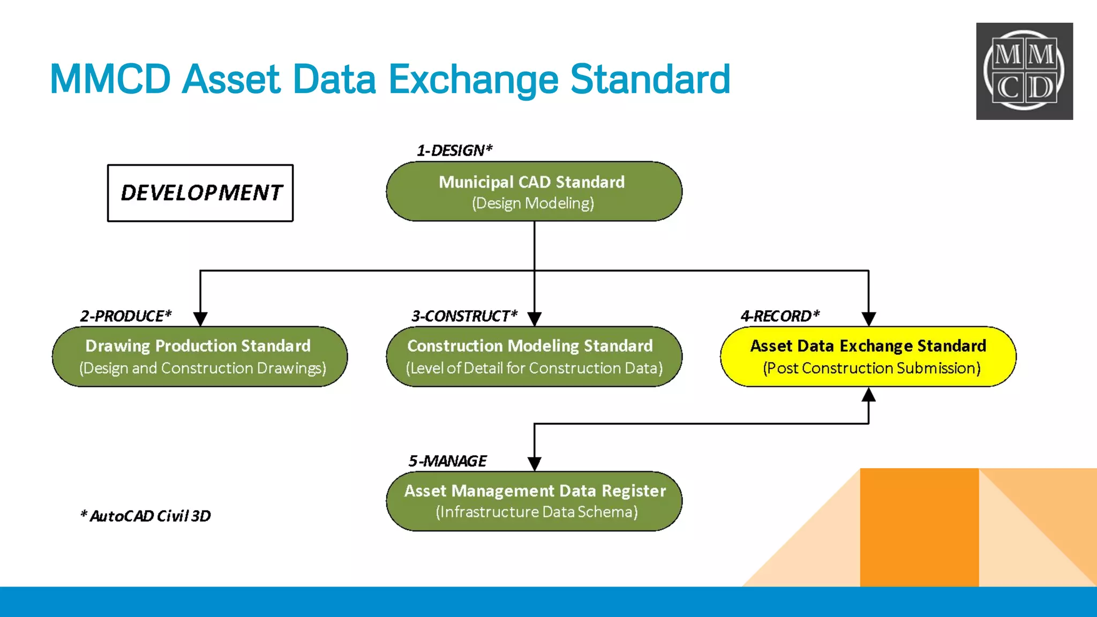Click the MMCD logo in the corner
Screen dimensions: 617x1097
click(x=1024, y=71)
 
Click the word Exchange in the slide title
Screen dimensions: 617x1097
click(x=473, y=80)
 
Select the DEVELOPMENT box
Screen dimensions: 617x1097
click(x=200, y=193)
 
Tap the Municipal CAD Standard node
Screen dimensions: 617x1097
click(x=534, y=192)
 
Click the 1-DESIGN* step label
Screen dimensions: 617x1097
click(x=454, y=151)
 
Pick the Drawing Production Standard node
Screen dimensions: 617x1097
click(x=200, y=357)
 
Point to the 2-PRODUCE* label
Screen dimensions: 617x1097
click(x=126, y=316)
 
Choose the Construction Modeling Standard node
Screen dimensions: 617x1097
click(x=534, y=357)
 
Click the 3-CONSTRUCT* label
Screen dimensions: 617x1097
click(x=464, y=316)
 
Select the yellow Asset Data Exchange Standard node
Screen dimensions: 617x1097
click(x=868, y=357)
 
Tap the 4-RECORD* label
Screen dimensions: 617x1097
click(x=780, y=316)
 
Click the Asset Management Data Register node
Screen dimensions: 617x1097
click(x=534, y=501)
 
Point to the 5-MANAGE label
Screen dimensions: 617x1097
click(x=447, y=461)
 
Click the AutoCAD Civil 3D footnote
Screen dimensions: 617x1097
click(x=146, y=516)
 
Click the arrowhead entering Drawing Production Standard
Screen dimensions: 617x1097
click(x=200, y=319)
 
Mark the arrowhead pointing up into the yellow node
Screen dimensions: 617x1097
click(x=868, y=395)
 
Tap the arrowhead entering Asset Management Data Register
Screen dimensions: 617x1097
click(x=534, y=464)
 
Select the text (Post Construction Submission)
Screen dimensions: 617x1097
click(x=871, y=368)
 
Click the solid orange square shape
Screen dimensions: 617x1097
click(x=919, y=527)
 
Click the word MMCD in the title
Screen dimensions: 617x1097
click(x=110, y=80)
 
